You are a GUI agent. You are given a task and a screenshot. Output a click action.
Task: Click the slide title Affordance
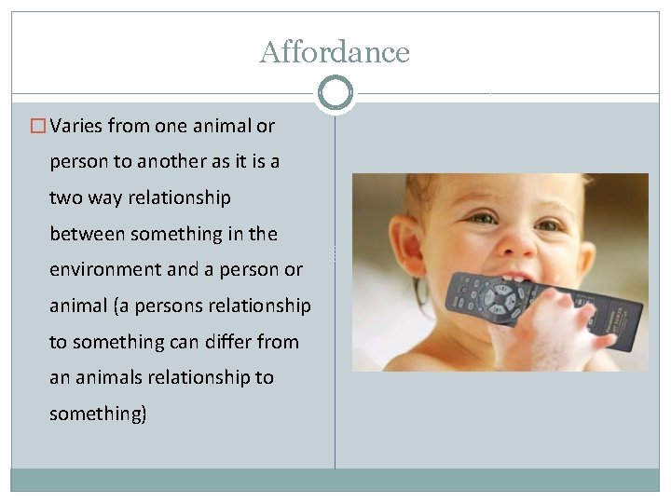[x=335, y=52]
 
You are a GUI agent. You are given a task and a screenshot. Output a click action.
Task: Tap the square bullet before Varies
[x=38, y=126]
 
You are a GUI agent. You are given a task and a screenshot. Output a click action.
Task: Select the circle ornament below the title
[x=335, y=93]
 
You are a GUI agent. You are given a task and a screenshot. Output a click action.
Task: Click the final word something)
[x=98, y=415]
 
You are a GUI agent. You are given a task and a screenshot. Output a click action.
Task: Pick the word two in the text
[x=65, y=198]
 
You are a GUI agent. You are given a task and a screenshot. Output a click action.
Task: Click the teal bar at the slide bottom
[x=335, y=479]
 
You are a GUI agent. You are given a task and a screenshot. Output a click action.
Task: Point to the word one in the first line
[x=170, y=126]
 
